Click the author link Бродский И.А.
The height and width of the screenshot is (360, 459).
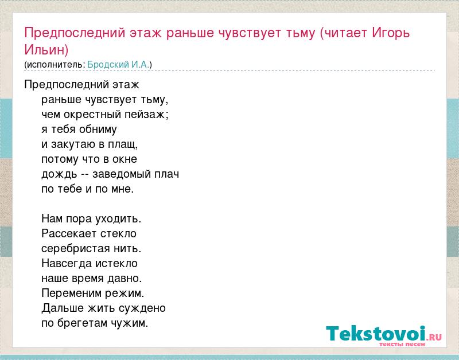pyautogui.click(x=118, y=64)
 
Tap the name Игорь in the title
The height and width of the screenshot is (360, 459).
pyautogui.click(x=391, y=33)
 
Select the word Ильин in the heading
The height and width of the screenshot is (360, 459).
pyautogui.click(x=45, y=49)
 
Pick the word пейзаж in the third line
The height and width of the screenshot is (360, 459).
pyautogui.click(x=146, y=114)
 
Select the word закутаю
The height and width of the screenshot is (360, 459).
pyautogui.click(x=77, y=144)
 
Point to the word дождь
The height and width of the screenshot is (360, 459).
pyautogui.click(x=59, y=174)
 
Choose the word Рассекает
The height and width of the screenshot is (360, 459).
pyautogui.click(x=69, y=233)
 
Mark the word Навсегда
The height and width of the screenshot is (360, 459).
pyautogui.click(x=67, y=264)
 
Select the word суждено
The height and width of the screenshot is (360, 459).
pyautogui.click(x=142, y=308)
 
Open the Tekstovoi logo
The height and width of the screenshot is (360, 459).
pyautogui.click(x=384, y=334)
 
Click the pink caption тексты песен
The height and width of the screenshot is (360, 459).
pyautogui.click(x=402, y=344)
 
